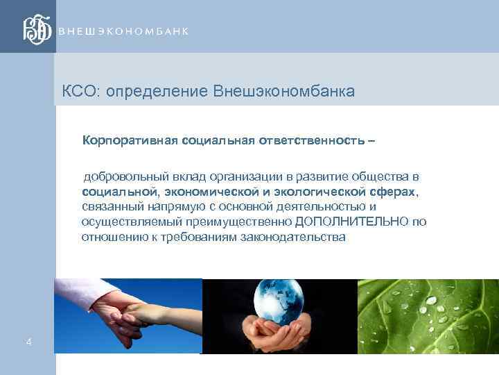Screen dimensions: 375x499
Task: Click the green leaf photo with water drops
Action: [428, 316]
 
